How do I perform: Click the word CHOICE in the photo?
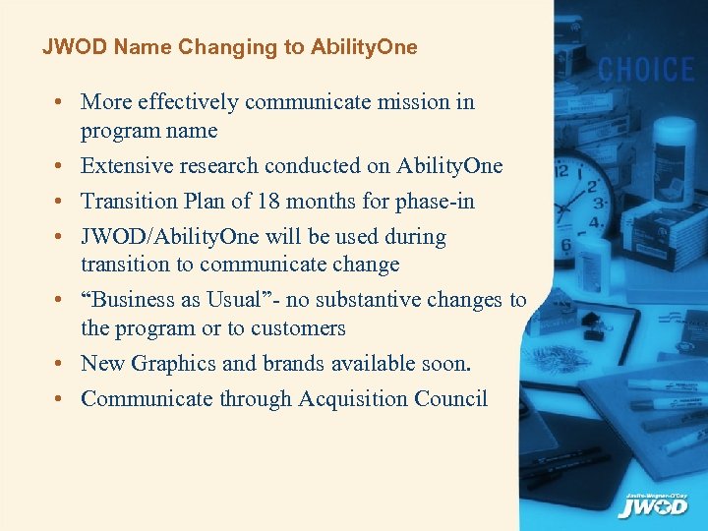point(646,70)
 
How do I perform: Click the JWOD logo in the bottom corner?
point(653,505)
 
